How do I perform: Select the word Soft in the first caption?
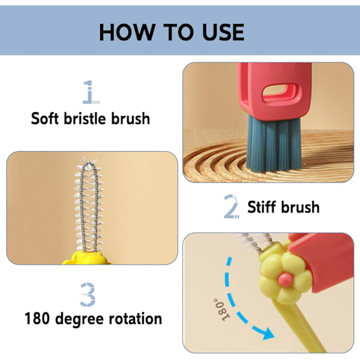click(x=44, y=118)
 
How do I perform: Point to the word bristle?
click(x=85, y=118)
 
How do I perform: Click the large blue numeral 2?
click(x=230, y=206)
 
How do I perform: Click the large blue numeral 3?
click(x=88, y=295)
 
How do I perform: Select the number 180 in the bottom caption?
click(x=37, y=319)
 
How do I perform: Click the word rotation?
click(x=135, y=319)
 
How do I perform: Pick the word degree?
click(x=79, y=320)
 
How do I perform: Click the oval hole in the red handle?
click(x=281, y=93)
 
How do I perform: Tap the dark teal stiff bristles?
click(x=273, y=143)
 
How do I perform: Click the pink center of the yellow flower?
click(x=286, y=280)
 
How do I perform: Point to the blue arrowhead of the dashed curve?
click(x=265, y=332)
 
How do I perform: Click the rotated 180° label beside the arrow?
click(x=221, y=309)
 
